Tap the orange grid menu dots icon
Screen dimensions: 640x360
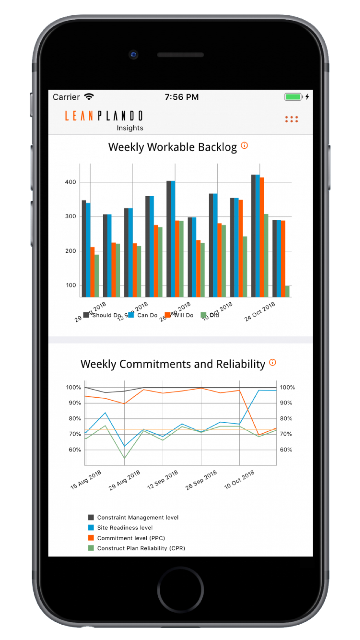point(291,119)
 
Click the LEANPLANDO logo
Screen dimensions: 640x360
point(103,116)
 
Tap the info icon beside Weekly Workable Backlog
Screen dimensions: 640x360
point(244,146)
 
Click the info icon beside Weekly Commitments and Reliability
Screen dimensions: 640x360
point(272,362)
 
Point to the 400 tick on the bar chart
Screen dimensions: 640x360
point(70,182)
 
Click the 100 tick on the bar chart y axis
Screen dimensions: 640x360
point(71,285)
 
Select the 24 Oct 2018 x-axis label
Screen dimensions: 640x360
point(259,312)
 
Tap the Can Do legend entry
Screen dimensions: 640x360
point(143,315)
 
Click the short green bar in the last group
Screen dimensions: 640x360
point(287,291)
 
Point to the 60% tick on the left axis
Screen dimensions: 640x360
point(74,450)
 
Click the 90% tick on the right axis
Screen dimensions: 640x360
point(286,403)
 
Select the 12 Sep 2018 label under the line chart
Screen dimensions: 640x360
point(163,480)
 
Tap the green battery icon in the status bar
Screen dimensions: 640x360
point(293,97)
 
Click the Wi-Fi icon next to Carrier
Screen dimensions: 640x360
point(89,97)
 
